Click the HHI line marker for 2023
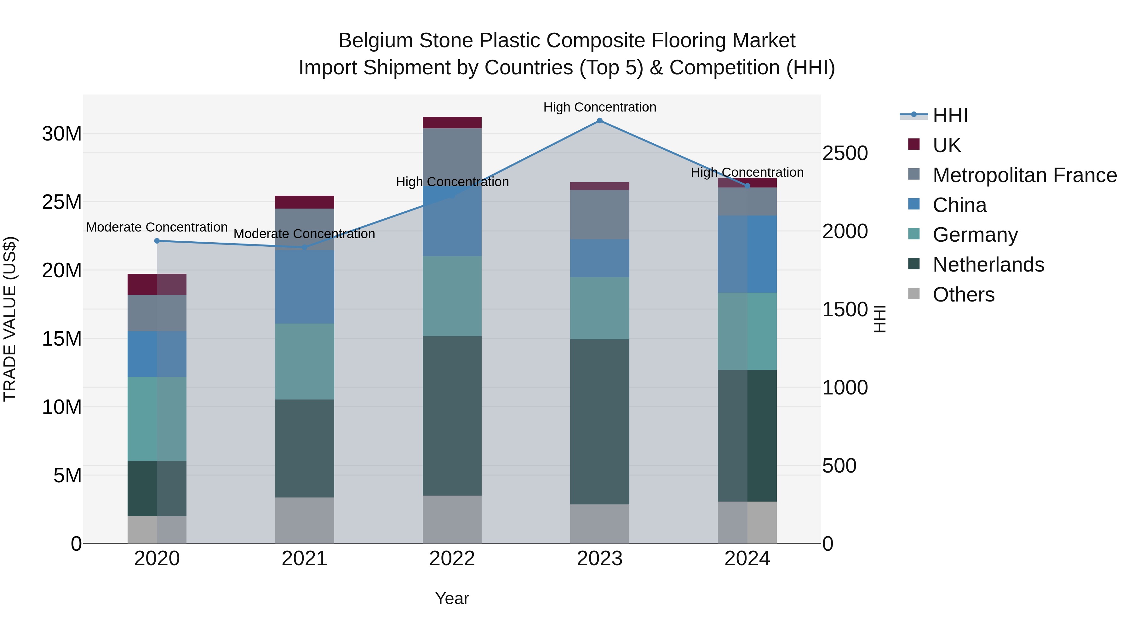click(x=599, y=121)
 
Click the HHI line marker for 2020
click(x=157, y=241)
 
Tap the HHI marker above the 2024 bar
click(x=747, y=186)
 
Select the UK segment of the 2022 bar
click(x=452, y=123)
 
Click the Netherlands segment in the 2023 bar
click(x=599, y=422)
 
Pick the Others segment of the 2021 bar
click(x=305, y=520)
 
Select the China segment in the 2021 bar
click(x=305, y=287)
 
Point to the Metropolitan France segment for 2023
click(x=599, y=215)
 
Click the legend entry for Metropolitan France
click(x=1024, y=175)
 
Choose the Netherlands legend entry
click(x=988, y=265)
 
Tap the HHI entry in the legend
click(x=950, y=115)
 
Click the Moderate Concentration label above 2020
click(x=157, y=227)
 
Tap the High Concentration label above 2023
click(x=599, y=107)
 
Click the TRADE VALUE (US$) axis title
click(x=10, y=319)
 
